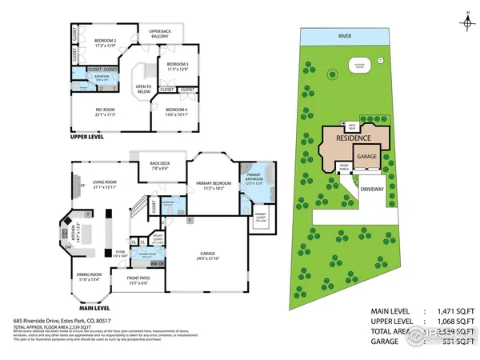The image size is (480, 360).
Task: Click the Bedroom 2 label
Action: tap(106, 42)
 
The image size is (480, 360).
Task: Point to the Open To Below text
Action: tap(145, 90)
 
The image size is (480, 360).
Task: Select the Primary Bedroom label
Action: tap(212, 186)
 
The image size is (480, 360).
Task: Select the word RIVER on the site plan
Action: tap(346, 36)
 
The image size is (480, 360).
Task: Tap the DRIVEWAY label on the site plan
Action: tap(373, 190)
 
